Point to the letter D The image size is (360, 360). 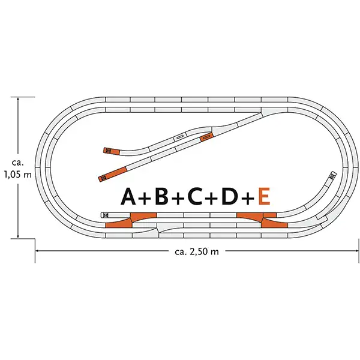coord(229,196)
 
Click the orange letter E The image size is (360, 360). coord(262,196)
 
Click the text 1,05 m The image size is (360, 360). coord(17,175)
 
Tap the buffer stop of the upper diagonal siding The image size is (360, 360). coord(108,151)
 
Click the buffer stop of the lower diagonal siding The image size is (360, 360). coord(102,178)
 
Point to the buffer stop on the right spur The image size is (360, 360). coord(331,176)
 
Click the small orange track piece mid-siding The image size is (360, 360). coord(206,137)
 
